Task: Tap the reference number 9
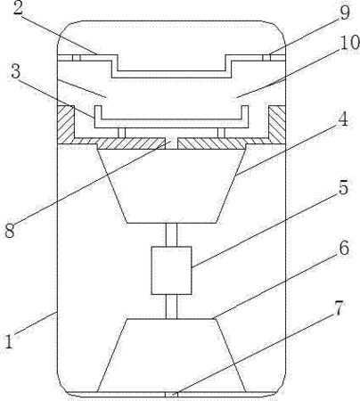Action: [x=345, y=12]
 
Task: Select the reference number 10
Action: [x=349, y=43]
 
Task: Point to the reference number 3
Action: [x=15, y=73]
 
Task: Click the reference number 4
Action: [x=343, y=119]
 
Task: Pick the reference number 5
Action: [x=343, y=187]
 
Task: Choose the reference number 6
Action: [x=344, y=249]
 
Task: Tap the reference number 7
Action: [x=338, y=308]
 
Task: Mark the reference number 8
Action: [x=10, y=231]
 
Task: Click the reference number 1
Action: [x=9, y=342]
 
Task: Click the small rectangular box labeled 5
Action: [x=171, y=270]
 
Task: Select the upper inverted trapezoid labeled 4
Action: [x=171, y=185]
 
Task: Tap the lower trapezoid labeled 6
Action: [x=171, y=356]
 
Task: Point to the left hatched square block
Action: [x=66, y=124]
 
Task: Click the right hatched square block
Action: [x=277, y=124]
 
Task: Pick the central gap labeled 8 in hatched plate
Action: [x=171, y=143]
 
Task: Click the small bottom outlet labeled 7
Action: [x=171, y=395]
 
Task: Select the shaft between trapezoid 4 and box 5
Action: [x=171, y=234]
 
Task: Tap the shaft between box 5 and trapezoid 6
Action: [x=171, y=307]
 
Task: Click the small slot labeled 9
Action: [x=266, y=58]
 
